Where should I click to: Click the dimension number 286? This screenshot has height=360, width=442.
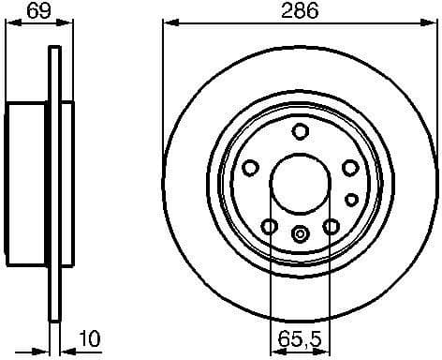pyautogui.click(x=300, y=11)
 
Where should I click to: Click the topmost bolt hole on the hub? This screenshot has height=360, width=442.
pyautogui.click(x=300, y=131)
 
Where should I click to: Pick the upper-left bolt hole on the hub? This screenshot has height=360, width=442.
pyautogui.click(x=250, y=167)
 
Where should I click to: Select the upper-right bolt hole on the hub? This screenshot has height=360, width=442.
pyautogui.click(x=349, y=167)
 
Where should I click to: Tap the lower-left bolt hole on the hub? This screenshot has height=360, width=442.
pyautogui.click(x=269, y=226)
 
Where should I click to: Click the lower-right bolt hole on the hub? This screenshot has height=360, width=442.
pyautogui.click(x=331, y=226)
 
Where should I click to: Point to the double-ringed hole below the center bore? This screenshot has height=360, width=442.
pyautogui.click(x=300, y=234)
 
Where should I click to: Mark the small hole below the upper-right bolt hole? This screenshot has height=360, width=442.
pyautogui.click(x=351, y=199)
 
